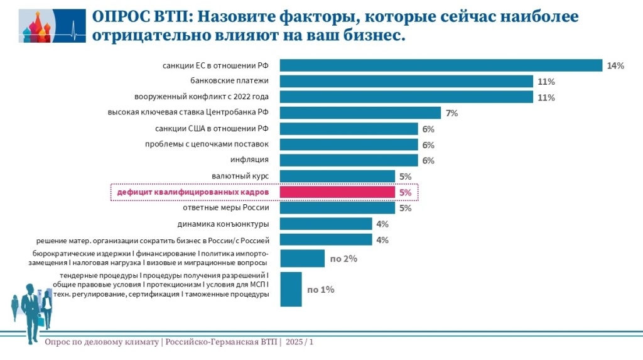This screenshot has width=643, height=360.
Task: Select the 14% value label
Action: [615, 66]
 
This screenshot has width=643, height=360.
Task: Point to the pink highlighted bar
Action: [337, 192]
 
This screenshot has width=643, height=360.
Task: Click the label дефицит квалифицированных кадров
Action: [193, 192]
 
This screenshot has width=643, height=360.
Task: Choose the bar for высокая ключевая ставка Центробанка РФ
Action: [360, 113]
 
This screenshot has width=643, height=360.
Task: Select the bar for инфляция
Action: [349, 160]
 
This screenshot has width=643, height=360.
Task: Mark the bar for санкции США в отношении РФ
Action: [349, 129]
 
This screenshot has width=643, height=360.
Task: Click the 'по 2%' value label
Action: [343, 258]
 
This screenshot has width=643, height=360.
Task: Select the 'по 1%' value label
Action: [320, 290]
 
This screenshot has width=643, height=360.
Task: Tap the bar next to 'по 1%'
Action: [291, 289]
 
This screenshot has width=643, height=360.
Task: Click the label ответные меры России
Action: [226, 208]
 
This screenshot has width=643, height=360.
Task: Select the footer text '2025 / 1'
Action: [300, 342]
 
